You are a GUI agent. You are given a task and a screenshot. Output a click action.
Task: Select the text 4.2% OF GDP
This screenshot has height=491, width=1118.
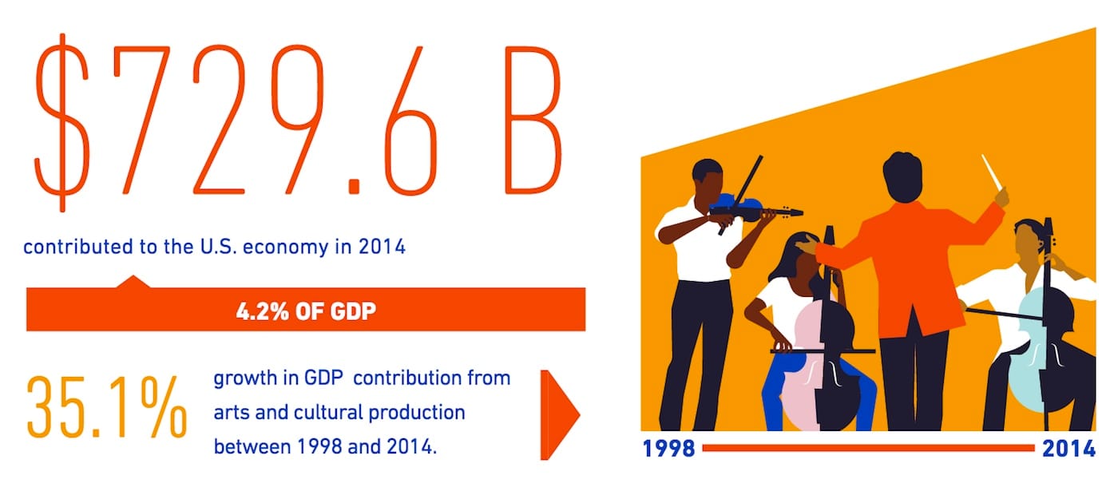[306, 310]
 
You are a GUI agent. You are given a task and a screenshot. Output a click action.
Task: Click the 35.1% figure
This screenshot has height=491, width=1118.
[107, 408]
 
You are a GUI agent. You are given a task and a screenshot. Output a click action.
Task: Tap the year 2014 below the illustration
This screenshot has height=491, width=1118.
[1068, 449]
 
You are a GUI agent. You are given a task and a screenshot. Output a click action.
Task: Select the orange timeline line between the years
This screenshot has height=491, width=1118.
[867, 449]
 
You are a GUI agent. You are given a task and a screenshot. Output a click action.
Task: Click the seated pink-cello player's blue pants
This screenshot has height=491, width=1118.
[773, 399]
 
